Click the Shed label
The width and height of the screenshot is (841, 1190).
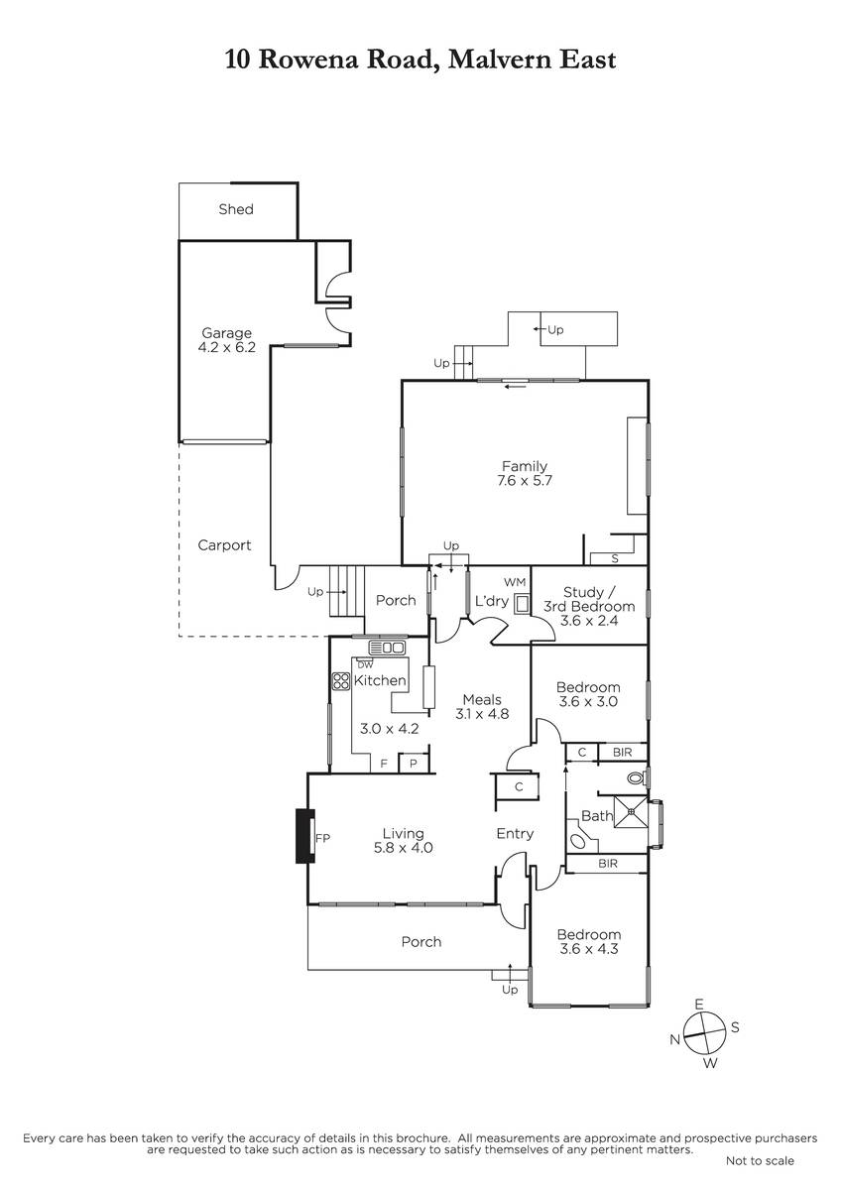[236, 209]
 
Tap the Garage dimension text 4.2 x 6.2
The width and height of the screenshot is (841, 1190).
[227, 347]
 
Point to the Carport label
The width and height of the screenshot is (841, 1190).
[224, 545]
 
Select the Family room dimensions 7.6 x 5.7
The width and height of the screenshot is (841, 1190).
[525, 481]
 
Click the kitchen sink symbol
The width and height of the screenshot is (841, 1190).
[388, 648]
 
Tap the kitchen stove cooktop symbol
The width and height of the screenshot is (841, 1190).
[340, 681]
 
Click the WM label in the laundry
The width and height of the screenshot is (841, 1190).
[515, 583]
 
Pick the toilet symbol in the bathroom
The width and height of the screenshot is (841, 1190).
[637, 778]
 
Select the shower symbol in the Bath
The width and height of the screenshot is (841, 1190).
[631, 811]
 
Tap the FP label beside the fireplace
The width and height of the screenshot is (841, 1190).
[322, 838]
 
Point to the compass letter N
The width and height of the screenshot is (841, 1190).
[674, 1039]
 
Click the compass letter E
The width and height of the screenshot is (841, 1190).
[699, 1004]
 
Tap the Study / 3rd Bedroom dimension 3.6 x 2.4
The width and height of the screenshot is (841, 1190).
[589, 621]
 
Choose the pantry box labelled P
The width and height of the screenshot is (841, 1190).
[414, 764]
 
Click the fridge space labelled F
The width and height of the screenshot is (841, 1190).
[384, 764]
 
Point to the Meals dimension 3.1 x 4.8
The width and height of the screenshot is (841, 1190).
[482, 714]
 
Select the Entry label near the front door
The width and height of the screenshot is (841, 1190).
[515, 834]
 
